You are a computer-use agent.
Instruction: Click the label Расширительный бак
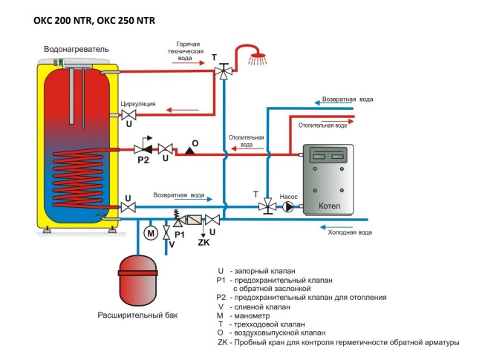point(138,315)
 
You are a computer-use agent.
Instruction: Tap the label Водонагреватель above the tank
point(77,49)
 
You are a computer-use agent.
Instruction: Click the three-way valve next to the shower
point(223,71)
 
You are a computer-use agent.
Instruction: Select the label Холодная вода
point(350,232)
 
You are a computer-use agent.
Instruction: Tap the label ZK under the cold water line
point(204,242)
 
